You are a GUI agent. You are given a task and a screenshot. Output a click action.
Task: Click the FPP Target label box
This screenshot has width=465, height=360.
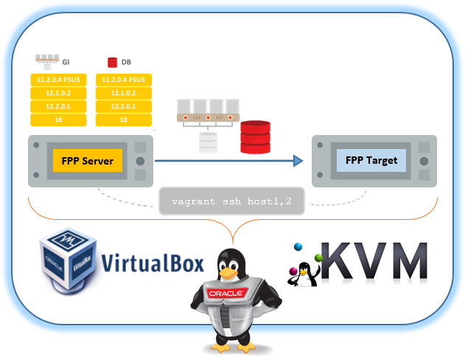[371, 160]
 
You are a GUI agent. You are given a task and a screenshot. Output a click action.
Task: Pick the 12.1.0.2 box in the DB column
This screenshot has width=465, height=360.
[125, 92]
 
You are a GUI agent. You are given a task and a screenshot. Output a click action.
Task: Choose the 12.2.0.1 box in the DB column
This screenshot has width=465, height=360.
[125, 105]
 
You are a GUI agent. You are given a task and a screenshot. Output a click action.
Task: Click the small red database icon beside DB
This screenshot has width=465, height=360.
[113, 62]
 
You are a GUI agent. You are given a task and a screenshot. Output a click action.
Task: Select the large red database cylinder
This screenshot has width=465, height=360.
[255, 137]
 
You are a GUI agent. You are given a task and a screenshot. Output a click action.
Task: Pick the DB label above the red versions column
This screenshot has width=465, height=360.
[126, 62]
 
